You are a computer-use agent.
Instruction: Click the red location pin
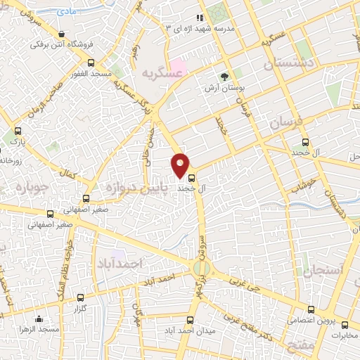tap(181, 164)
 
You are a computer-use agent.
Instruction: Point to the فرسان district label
tap(285, 124)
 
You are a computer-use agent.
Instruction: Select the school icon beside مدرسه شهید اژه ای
tap(200, 17)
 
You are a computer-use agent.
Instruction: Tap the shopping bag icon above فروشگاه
tap(63, 34)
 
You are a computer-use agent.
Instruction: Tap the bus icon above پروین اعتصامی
tap(310, 309)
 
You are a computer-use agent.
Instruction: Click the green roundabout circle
tap(200, 268)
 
